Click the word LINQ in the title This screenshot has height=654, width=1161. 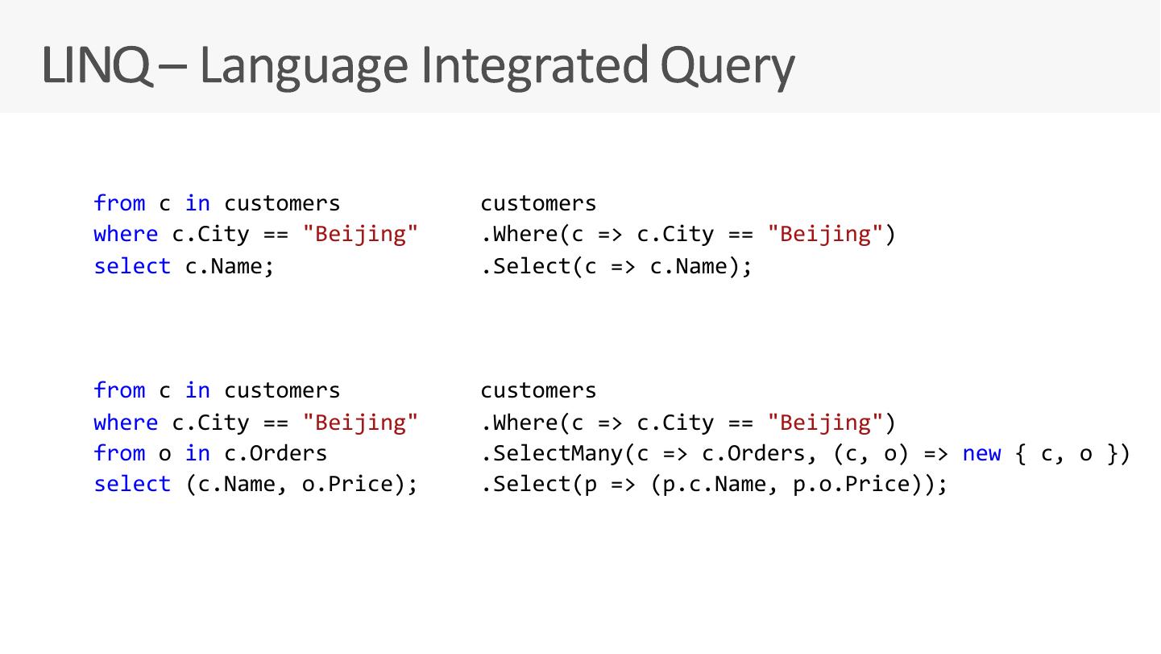coord(95,65)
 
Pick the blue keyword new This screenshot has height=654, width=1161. coord(981,454)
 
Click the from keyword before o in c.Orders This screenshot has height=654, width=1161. coord(119,454)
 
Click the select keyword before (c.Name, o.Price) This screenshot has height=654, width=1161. coord(132,485)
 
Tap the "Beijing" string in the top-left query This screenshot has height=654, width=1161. coord(360,235)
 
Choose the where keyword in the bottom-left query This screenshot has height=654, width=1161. coord(126,423)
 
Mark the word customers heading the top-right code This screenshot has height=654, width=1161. coord(538,203)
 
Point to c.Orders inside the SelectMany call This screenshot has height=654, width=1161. coord(753,454)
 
